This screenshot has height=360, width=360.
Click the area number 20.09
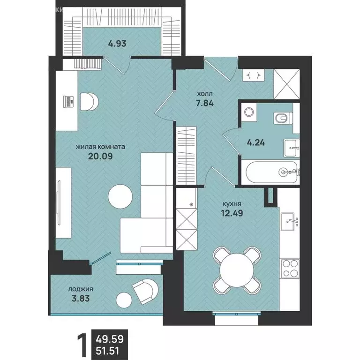click(100, 157)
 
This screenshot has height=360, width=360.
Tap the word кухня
click(232, 204)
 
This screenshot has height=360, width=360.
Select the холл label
click(205, 94)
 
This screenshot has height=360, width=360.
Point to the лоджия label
click(80, 290)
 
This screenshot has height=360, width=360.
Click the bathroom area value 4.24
click(256, 142)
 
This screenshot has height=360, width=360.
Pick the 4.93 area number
click(117, 44)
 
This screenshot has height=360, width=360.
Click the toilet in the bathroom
click(283, 118)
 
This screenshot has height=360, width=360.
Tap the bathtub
click(271, 172)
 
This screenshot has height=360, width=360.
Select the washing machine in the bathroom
click(248, 112)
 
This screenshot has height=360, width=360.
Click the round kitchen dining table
click(237, 270)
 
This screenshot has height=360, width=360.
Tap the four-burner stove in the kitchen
click(290, 269)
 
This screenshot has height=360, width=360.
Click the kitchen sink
click(290, 221)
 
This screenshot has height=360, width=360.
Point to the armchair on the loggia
click(145, 292)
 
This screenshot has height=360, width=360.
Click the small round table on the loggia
click(124, 300)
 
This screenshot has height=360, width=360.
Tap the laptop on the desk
click(68, 101)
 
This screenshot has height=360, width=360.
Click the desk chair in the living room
click(89, 101)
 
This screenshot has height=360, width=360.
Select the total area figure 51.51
click(107, 351)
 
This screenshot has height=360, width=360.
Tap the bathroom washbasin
click(292, 148)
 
